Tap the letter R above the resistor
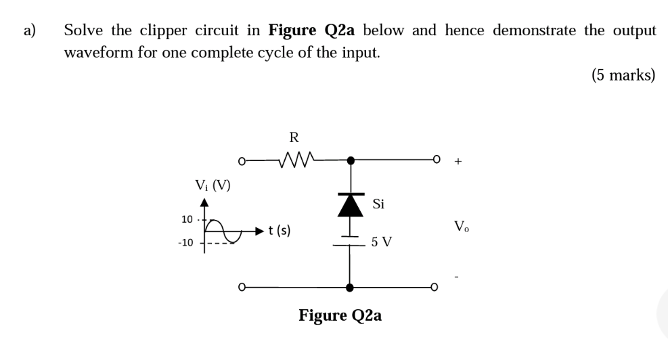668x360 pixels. click(x=294, y=138)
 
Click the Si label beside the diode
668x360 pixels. click(x=378, y=204)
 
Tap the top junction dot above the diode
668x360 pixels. click(x=349, y=161)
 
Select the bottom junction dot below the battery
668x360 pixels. click(x=349, y=287)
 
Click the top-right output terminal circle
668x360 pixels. click(x=437, y=161)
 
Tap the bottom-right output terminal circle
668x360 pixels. click(x=437, y=287)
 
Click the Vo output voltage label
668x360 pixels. click(x=460, y=225)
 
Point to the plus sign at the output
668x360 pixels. click(x=460, y=162)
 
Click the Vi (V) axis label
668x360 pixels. click(x=212, y=183)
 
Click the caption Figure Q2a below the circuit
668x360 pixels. click(x=340, y=315)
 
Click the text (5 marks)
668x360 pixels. click(x=623, y=74)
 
